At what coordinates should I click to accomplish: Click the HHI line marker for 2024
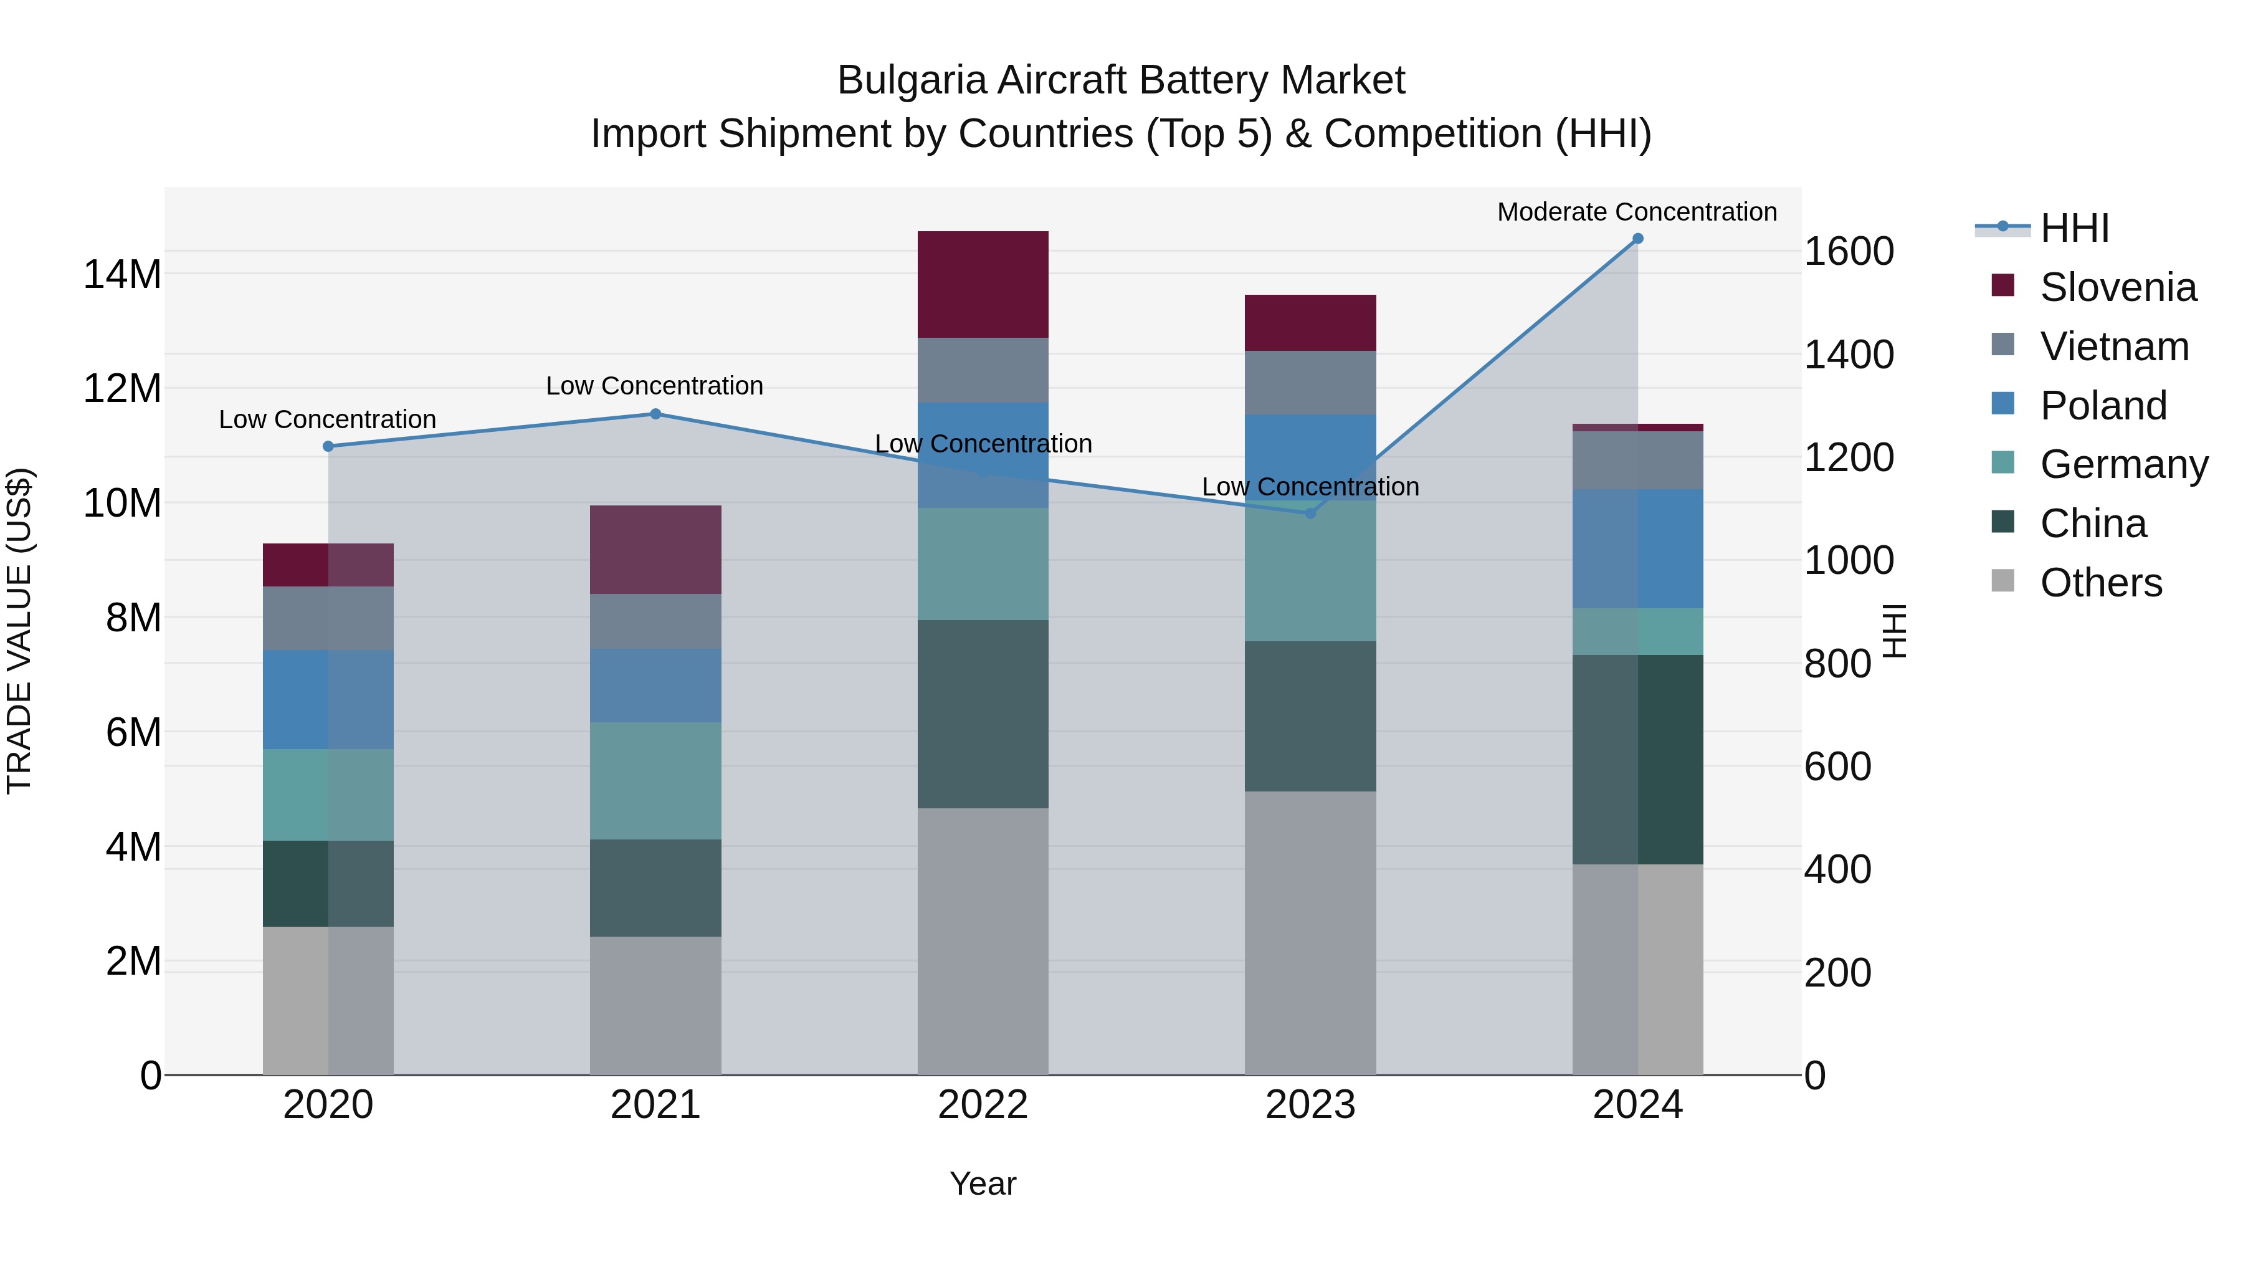(x=1637, y=239)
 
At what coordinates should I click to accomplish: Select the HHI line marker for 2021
(x=655, y=414)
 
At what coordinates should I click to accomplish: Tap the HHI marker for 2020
(x=328, y=446)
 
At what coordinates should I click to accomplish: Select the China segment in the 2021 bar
(x=655, y=887)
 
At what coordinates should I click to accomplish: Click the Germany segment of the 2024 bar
(x=1637, y=631)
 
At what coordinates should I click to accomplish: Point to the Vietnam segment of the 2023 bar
(x=1310, y=383)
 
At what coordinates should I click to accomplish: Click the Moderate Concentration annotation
(x=1636, y=212)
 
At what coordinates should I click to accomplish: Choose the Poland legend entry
(x=2102, y=406)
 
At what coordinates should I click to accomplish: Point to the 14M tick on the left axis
(x=122, y=274)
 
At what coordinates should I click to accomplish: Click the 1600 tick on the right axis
(x=1848, y=252)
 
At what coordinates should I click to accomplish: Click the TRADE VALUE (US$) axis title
(x=19, y=631)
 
